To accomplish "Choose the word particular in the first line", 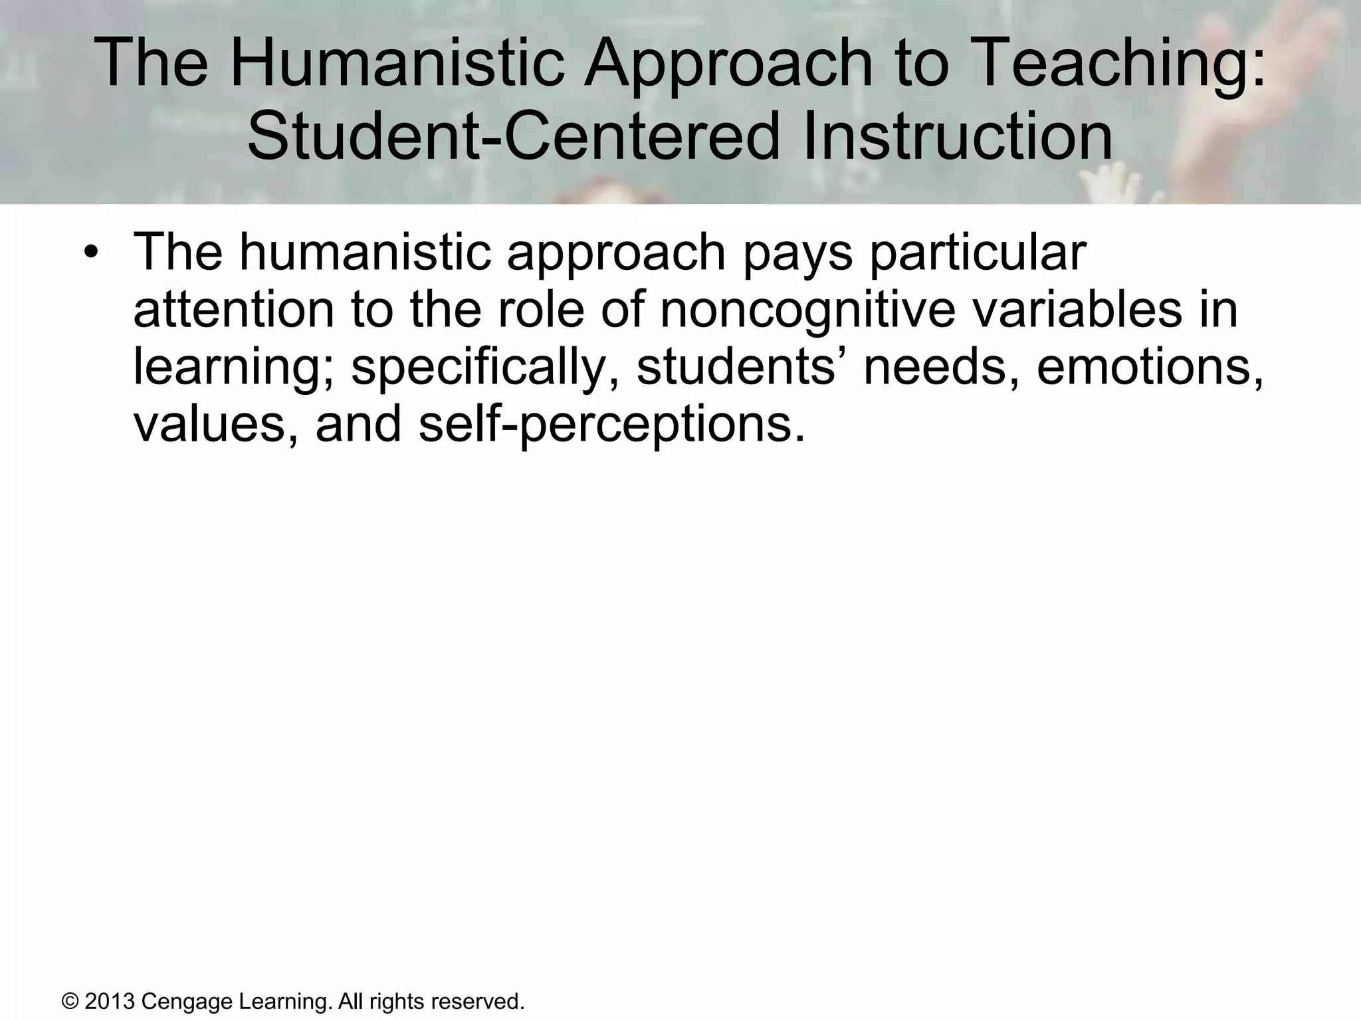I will tap(978, 253).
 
